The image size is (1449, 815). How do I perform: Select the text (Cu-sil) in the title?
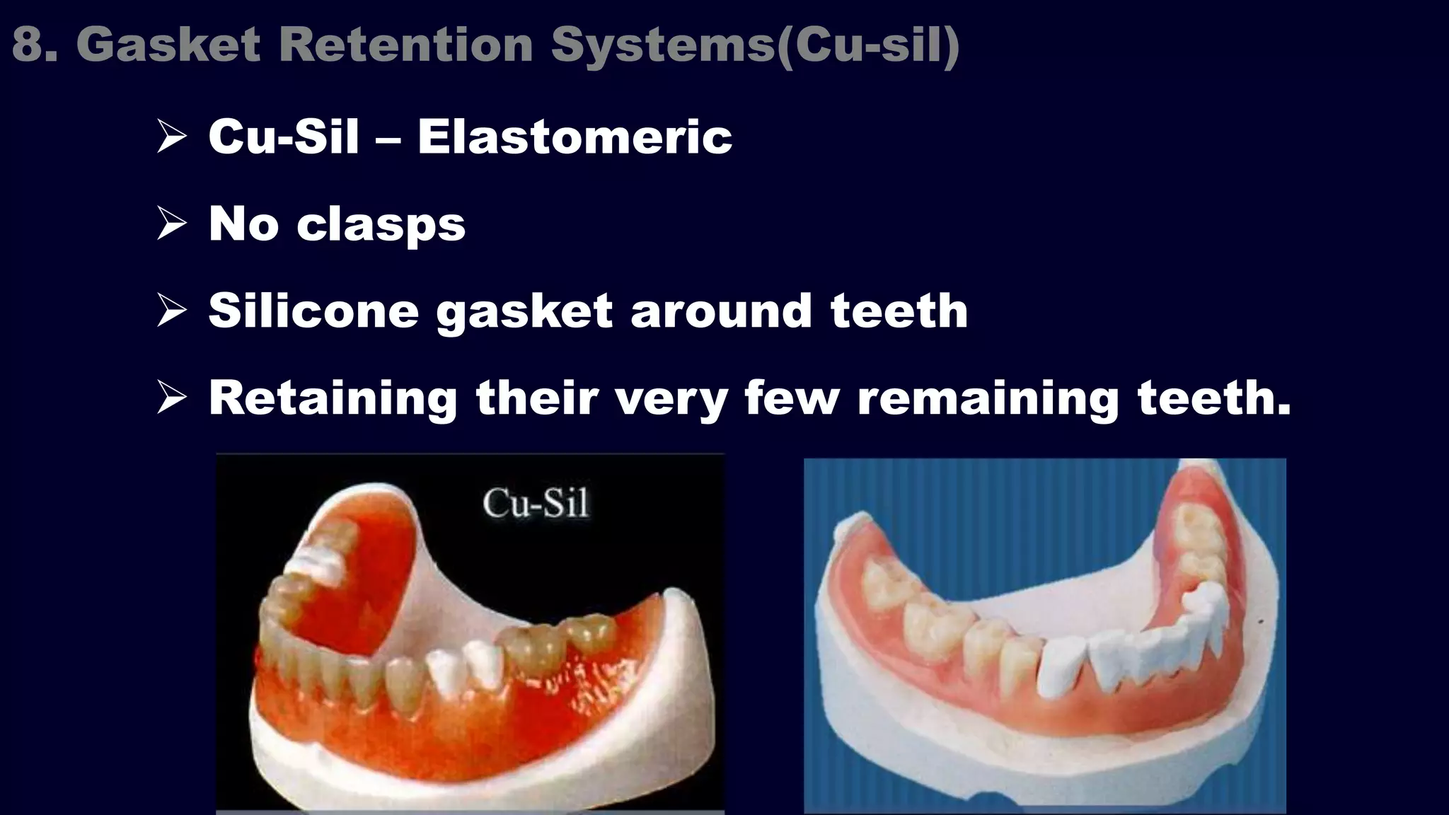pyautogui.click(x=867, y=45)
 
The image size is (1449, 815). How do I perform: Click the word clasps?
pyautogui.click(x=381, y=225)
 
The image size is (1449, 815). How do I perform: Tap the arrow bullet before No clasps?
pyautogui.click(x=171, y=224)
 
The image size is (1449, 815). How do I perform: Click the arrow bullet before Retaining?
pyautogui.click(x=171, y=398)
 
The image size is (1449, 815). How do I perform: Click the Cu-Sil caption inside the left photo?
pyautogui.click(x=536, y=504)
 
